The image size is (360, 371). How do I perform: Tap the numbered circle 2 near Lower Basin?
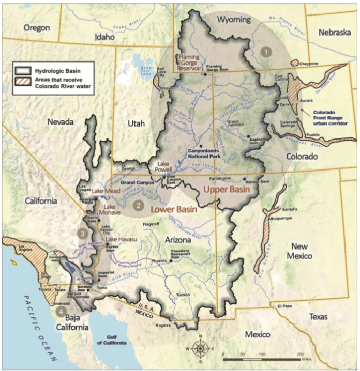[x=138, y=205]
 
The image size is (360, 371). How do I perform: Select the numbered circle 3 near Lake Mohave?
[x=83, y=233]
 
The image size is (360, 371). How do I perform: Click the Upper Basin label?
[x=227, y=190]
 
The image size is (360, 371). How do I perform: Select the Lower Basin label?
[x=173, y=210]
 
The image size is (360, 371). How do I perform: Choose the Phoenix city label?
[x=159, y=261]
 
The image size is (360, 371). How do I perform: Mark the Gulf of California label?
[x=111, y=340]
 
